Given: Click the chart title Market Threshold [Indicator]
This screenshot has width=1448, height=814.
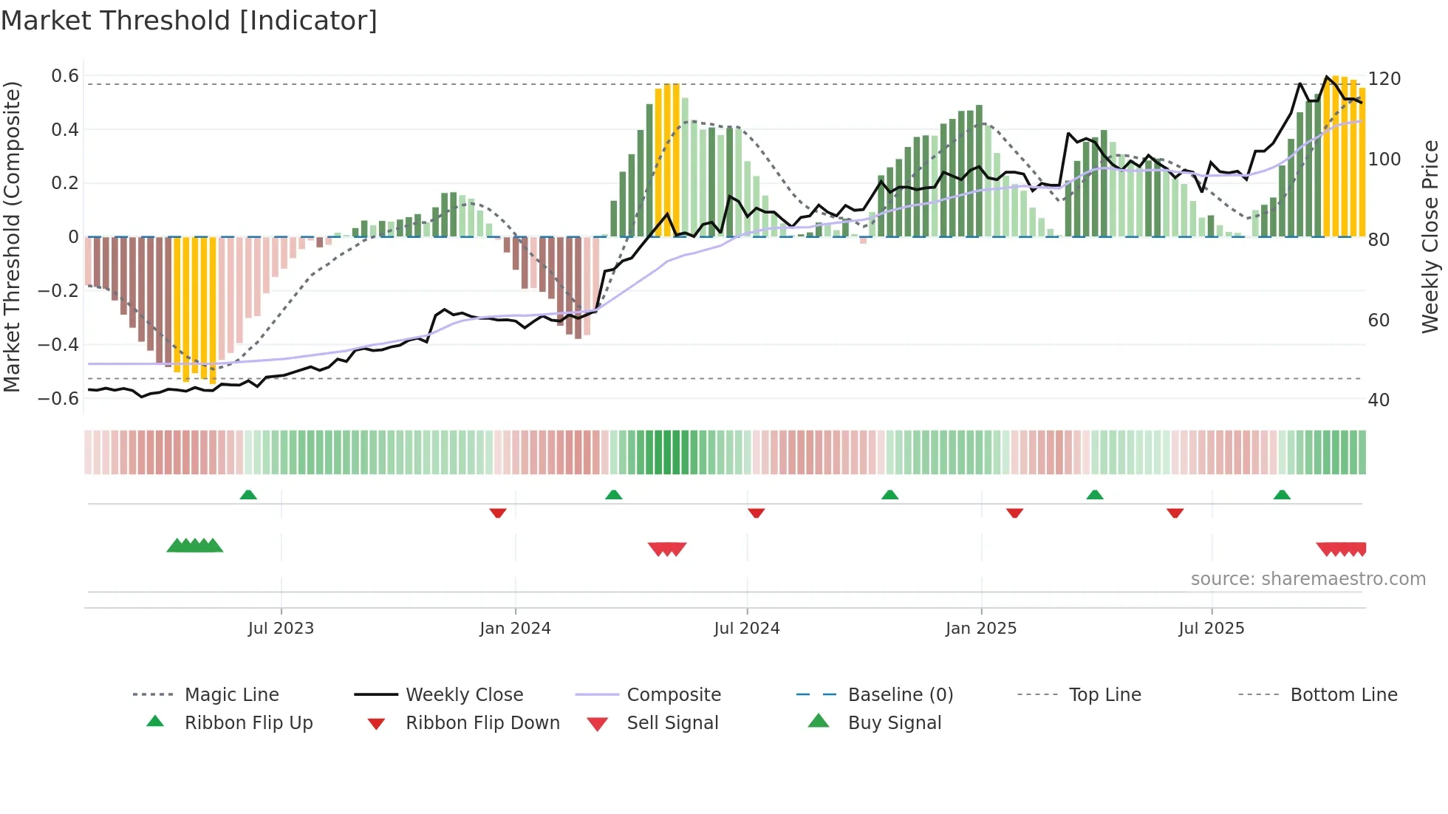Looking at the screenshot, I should coord(189,21).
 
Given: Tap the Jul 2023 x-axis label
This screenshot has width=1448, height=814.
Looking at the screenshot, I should coord(281,629).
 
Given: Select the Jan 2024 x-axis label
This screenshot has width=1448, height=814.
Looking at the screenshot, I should coord(515,629).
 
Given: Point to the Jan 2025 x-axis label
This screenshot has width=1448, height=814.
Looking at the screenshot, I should coord(981,629).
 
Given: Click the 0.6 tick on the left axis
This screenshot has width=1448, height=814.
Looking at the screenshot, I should coord(65,76).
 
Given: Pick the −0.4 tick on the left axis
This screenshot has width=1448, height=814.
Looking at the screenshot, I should coord(58,345).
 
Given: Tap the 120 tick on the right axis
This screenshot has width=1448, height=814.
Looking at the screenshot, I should coord(1384,79).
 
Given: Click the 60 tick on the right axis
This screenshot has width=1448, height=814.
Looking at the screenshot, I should coord(1379,321).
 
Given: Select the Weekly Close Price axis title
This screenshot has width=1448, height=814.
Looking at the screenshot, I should coord(1430,236).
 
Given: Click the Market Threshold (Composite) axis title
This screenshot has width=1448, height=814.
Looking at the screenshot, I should coord(12,236).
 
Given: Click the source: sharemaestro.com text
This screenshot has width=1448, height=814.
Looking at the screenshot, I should coord(1308,579).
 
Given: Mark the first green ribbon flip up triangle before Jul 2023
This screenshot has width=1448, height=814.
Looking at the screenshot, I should coord(248,495).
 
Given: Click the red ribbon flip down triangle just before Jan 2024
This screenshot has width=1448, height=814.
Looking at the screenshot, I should coord(498,513).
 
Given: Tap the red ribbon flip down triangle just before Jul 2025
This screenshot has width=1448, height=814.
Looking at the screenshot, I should coord(1175,513).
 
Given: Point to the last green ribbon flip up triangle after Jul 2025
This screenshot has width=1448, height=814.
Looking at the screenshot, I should coord(1282,495).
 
